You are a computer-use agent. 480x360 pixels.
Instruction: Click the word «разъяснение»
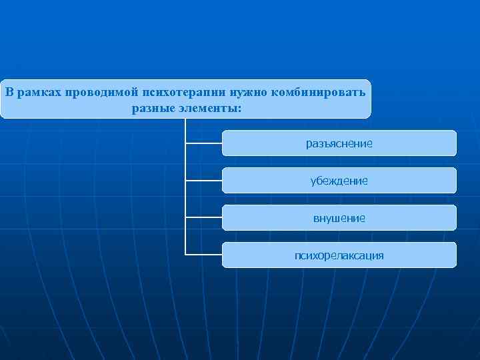point(339,143)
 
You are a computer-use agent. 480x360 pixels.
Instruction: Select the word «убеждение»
point(339,181)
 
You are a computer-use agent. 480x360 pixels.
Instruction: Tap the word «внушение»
point(339,218)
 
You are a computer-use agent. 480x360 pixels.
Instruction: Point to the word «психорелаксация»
point(339,255)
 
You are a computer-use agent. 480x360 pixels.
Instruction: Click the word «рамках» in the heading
point(39,91)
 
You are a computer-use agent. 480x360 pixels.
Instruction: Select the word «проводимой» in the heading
point(99,91)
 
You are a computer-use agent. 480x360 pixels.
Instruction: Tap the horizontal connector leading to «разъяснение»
point(203,143)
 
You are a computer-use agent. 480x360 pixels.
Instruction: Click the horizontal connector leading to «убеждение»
point(203,180)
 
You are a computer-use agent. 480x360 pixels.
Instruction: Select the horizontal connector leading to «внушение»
point(203,217)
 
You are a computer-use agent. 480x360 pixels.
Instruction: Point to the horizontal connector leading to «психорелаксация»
point(203,255)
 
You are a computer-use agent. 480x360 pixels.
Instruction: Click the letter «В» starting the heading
point(9,91)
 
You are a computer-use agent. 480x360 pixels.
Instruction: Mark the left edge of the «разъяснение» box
point(223,143)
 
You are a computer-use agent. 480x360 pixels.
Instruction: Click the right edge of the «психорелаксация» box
point(456,255)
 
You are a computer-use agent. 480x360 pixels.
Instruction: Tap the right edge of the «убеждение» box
point(456,181)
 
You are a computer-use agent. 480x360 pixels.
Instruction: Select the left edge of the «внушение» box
point(223,218)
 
